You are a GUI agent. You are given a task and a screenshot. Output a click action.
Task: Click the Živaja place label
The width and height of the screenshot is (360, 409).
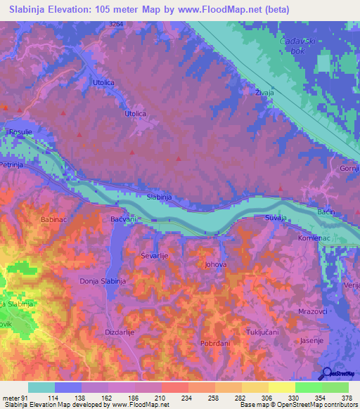[x=265, y=91]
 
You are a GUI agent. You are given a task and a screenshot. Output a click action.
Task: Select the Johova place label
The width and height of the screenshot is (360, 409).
[x=215, y=266]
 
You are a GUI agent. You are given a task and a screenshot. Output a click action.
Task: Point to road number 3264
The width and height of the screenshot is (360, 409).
[x=117, y=25]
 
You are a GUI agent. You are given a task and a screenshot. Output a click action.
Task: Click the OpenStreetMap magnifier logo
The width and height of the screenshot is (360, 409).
[x=326, y=374]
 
